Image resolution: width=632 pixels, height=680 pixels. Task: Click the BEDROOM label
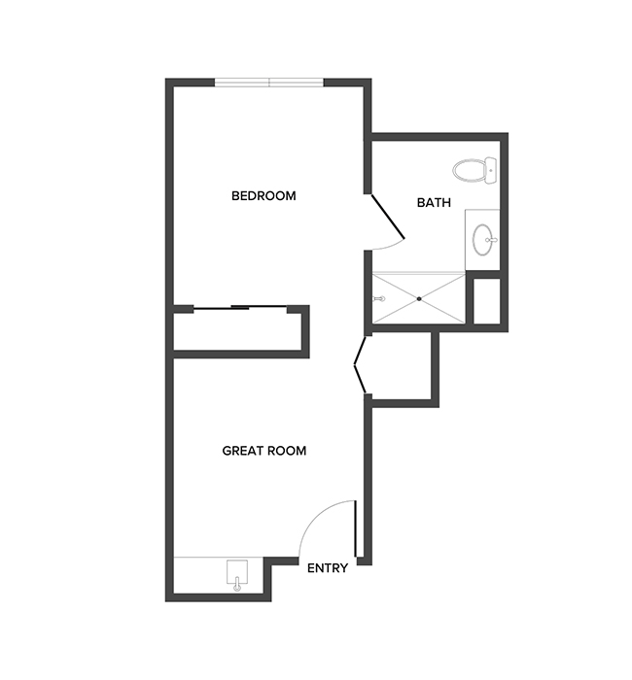coord(263,196)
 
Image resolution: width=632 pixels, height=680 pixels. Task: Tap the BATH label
coord(433,203)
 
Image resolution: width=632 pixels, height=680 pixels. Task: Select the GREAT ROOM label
coord(264,451)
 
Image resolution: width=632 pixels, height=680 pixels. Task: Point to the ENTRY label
coord(327,568)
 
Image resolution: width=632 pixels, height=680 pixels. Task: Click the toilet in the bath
coord(472,171)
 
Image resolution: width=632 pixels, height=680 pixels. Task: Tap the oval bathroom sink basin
coord(483,237)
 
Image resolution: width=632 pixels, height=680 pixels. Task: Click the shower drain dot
coord(419,299)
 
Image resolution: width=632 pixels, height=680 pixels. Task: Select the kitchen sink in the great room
coord(237,574)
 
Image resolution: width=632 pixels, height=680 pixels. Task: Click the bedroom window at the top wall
coord(269,83)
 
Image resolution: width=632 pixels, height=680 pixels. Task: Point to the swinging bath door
coord(387,218)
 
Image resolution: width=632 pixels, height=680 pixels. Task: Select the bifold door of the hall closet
coord(360,366)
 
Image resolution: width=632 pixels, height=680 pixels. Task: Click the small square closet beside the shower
coord(484,301)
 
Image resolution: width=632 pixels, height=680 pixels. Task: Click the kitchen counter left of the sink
coord(199,579)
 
